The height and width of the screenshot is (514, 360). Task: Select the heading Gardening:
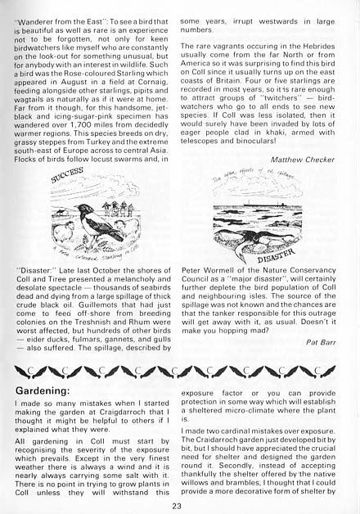(x=43, y=381)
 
